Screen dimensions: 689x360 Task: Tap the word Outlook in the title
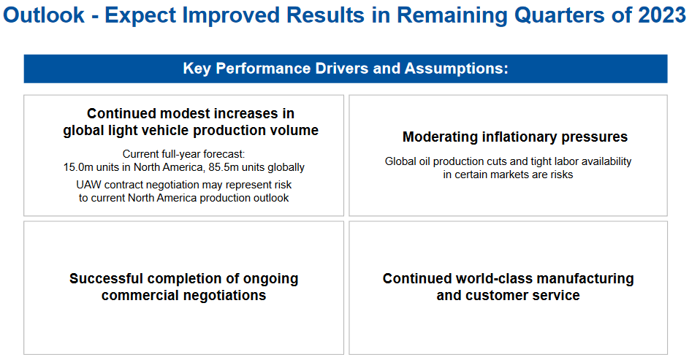(44, 15)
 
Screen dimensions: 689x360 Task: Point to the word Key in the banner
(197, 69)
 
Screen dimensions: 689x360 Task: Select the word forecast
(224, 154)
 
